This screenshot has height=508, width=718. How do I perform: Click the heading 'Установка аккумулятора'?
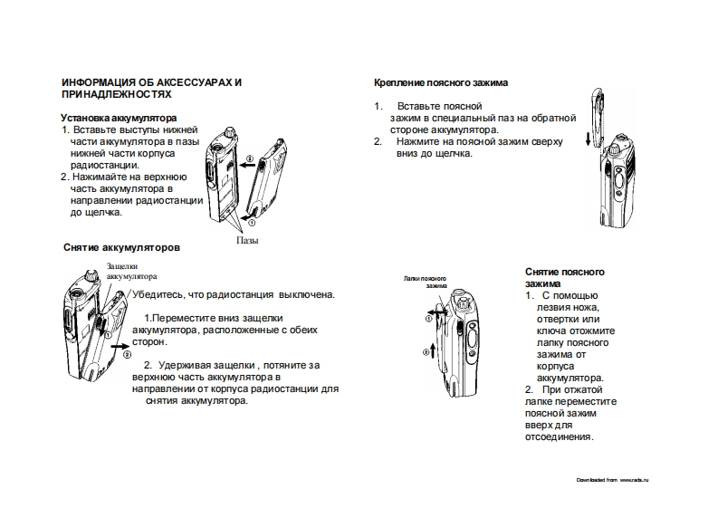[118, 118]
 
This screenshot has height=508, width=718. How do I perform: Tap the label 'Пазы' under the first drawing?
[247, 242]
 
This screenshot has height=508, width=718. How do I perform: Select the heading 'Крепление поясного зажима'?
[441, 82]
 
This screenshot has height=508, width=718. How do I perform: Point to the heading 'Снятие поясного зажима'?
[565, 277]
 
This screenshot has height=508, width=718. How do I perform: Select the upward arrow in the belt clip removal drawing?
[435, 350]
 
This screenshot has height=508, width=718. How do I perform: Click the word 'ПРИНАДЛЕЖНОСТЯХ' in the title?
[115, 93]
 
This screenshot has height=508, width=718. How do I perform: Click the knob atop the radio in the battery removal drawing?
[91, 274]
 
